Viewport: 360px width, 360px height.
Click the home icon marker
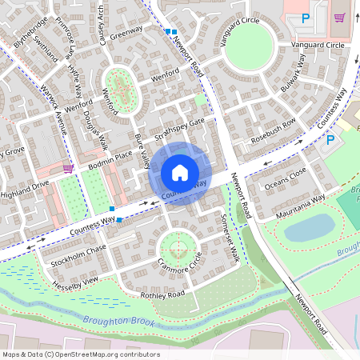(180, 172)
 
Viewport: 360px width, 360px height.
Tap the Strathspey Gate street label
(180, 127)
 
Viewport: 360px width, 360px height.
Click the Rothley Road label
(162, 294)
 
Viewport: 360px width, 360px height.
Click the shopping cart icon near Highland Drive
(68, 168)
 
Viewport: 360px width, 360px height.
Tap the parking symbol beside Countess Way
(330, 140)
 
